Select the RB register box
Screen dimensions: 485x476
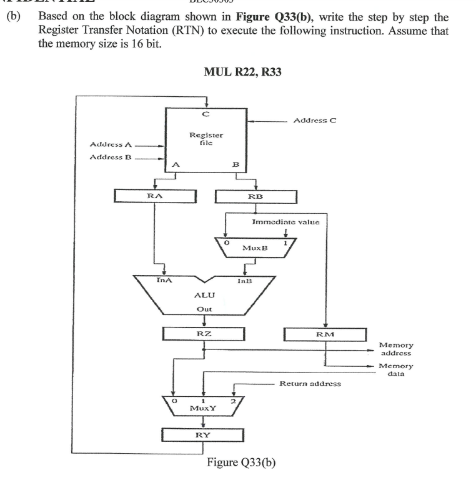point(255,196)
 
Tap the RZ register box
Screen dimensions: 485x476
point(204,334)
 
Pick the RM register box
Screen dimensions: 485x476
point(325,335)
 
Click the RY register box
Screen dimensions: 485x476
point(203,435)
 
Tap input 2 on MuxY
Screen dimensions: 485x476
point(233,399)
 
